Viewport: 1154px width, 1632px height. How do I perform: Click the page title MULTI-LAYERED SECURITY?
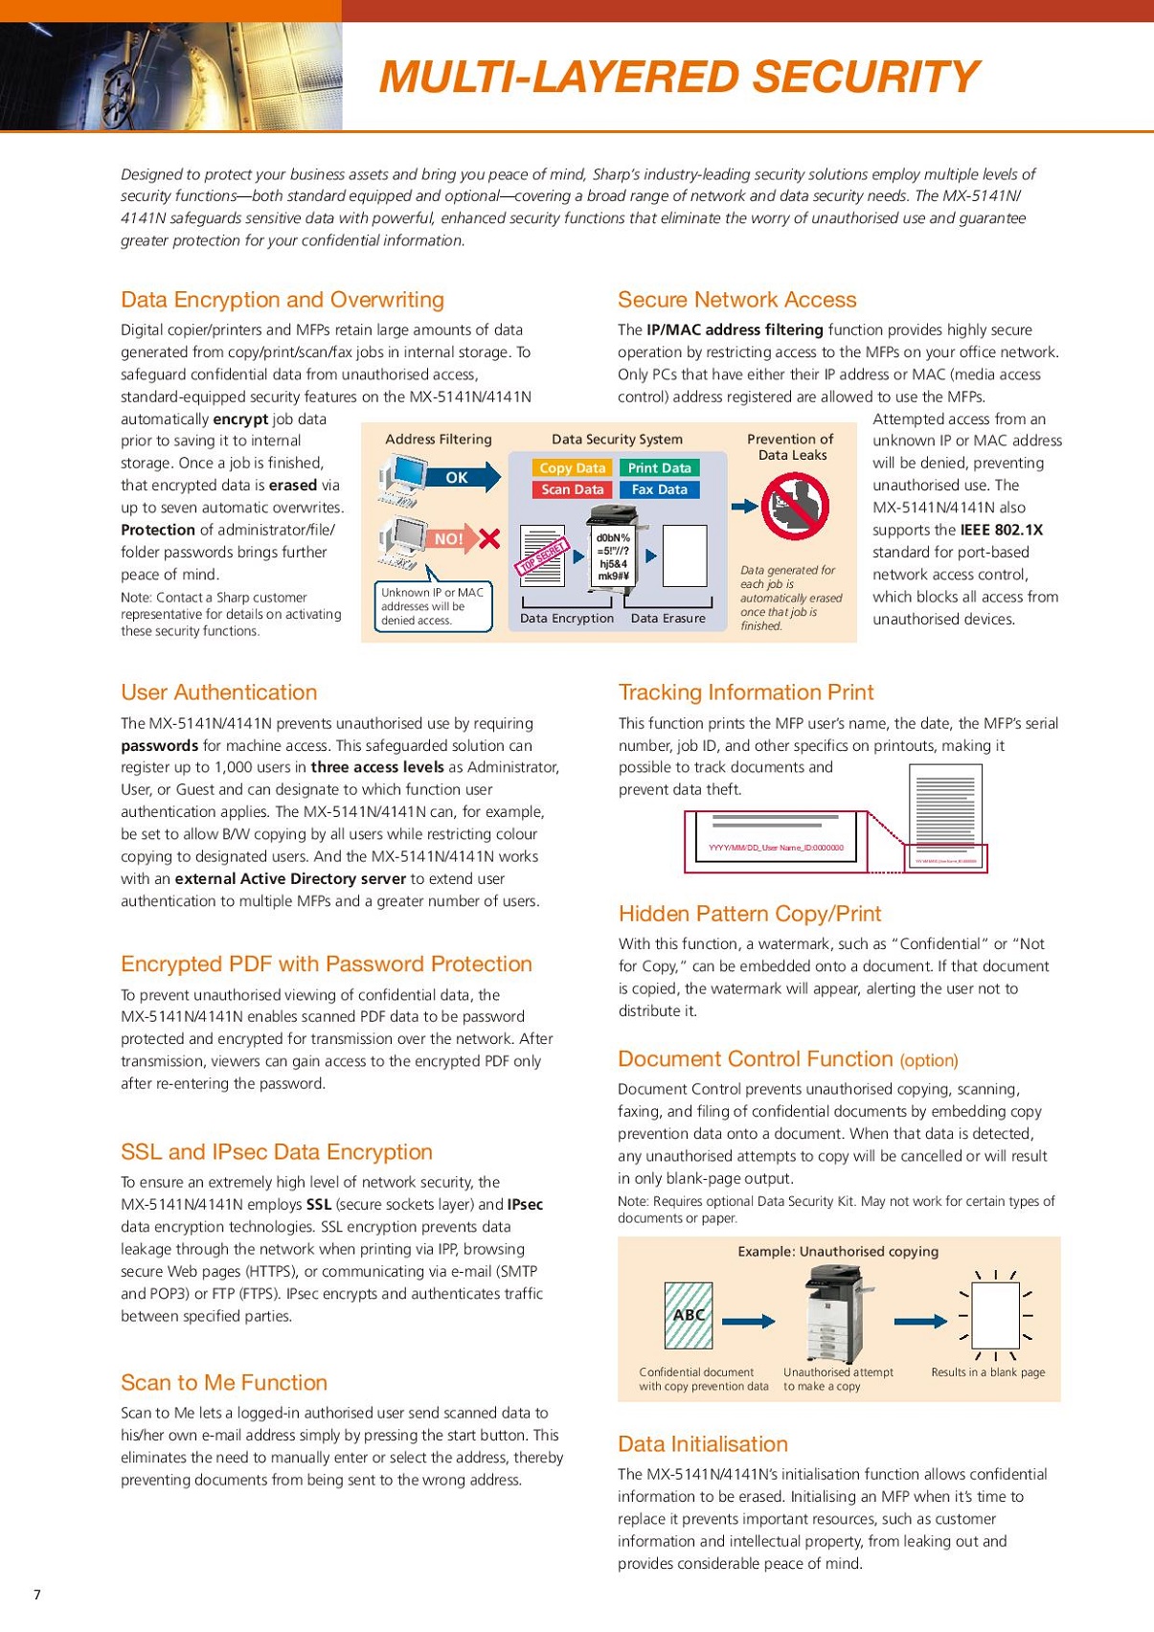[x=678, y=78]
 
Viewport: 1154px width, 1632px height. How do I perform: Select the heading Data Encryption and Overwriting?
[x=283, y=300]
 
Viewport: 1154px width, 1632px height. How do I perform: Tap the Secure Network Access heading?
[x=736, y=300]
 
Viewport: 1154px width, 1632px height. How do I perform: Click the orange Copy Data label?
[x=572, y=468]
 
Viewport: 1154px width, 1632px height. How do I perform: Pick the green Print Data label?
[x=659, y=468]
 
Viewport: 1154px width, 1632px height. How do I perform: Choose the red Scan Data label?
[x=572, y=489]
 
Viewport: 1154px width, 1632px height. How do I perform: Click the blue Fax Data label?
[x=659, y=489]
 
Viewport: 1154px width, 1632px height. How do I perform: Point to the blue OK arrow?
[x=464, y=477]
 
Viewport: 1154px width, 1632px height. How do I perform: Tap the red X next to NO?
[x=488, y=539]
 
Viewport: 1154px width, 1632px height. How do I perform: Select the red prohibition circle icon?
[x=795, y=507]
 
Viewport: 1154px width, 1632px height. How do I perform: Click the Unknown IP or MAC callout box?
[x=433, y=606]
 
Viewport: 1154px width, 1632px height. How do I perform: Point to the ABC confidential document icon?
[x=689, y=1315]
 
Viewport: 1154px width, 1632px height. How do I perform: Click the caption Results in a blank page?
[x=987, y=1372]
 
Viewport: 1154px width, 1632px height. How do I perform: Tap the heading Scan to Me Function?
[x=224, y=1383]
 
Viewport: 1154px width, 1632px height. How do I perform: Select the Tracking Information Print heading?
[x=746, y=692]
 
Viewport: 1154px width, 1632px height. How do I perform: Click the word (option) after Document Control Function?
[x=929, y=1060]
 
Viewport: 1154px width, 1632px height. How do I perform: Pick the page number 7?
[x=37, y=1595]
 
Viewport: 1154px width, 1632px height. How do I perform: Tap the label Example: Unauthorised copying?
[x=838, y=1252]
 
